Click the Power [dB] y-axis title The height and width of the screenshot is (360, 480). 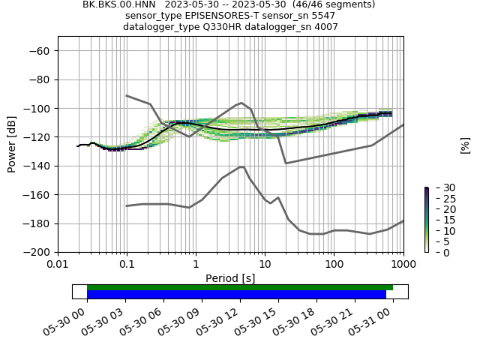(x=12, y=144)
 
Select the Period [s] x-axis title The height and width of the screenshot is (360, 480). (x=230, y=278)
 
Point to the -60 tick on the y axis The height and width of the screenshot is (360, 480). (x=38, y=51)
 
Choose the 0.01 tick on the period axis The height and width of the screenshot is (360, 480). (x=58, y=264)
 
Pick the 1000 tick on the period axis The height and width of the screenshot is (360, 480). (x=403, y=264)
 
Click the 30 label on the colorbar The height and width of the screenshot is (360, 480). (x=439, y=187)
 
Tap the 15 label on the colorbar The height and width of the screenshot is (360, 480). (x=439, y=220)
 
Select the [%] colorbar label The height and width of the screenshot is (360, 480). (x=465, y=145)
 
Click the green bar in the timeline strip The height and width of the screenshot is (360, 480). (x=240, y=287)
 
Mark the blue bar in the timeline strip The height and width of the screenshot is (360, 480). (x=236, y=294)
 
